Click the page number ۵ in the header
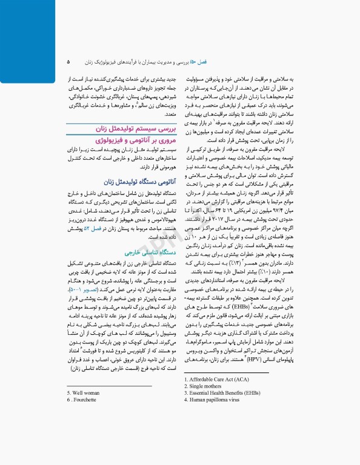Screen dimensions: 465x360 click(68, 62)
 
